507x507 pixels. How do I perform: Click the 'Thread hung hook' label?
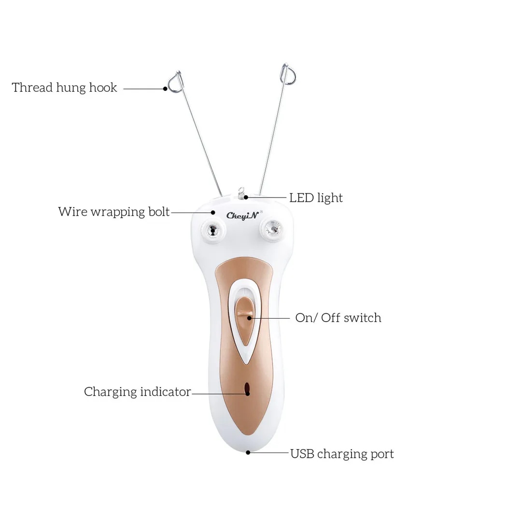pos(64,88)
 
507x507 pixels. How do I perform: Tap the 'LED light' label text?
pos(316,198)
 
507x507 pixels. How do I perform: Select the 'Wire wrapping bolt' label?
pos(114,212)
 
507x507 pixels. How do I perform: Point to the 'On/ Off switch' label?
pos(338,318)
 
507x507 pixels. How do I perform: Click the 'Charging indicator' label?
pos(138,392)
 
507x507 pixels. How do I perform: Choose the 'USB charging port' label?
pos(342,454)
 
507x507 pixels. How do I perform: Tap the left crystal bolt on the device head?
pos(211,228)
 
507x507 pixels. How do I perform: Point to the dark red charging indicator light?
pos(247,389)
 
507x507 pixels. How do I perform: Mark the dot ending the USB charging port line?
pos(248,452)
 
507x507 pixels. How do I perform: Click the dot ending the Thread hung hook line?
pos(165,88)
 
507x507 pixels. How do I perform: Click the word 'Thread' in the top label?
pos(32,88)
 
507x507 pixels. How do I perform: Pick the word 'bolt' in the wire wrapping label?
pos(157,212)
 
